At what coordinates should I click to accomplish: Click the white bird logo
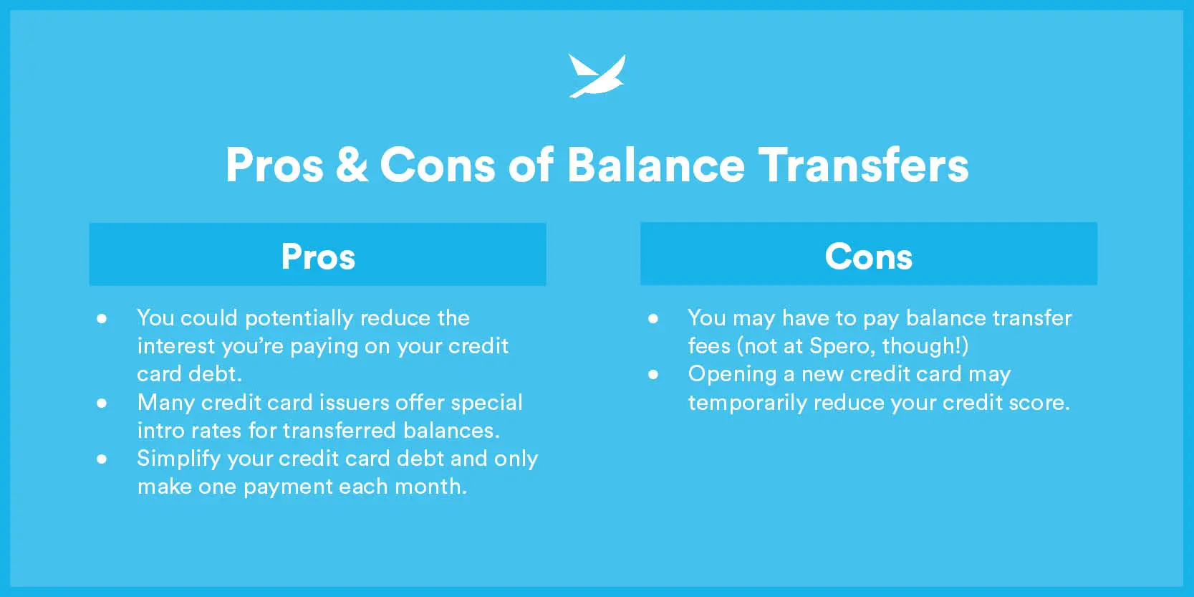pyautogui.click(x=597, y=75)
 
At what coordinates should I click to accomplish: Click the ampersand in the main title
pyautogui.click(x=351, y=165)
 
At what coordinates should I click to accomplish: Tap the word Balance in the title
pyautogui.click(x=655, y=165)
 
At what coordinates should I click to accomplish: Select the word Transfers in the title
pyautogui.click(x=863, y=165)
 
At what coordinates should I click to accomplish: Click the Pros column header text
pyautogui.click(x=318, y=257)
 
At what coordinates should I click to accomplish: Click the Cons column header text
pyautogui.click(x=868, y=257)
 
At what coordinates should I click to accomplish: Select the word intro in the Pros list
pyautogui.click(x=159, y=431)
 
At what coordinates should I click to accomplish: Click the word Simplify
pyautogui.click(x=178, y=459)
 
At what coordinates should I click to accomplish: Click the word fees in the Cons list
pyautogui.click(x=709, y=346)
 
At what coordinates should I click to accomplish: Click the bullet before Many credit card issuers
pyautogui.click(x=102, y=403)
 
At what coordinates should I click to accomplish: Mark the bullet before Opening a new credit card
pyautogui.click(x=653, y=374)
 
